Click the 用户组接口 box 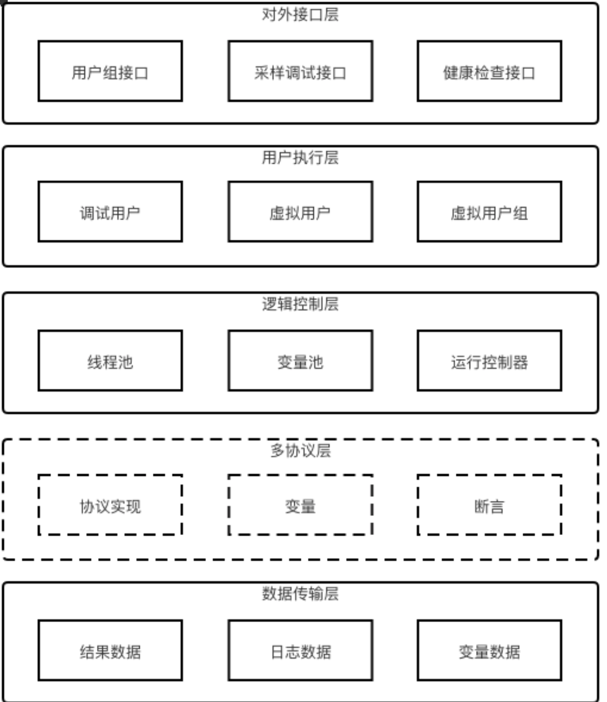tap(110, 71)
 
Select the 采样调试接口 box tap(300, 71)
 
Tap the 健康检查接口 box tap(489, 71)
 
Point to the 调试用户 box tap(110, 212)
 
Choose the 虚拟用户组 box tap(489, 212)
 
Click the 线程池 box tap(110, 361)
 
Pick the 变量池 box tap(300, 361)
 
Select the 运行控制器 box tap(489, 361)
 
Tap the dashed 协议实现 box tap(110, 505)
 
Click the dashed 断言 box tap(489, 505)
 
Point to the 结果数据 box tap(110, 651)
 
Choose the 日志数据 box tap(300, 651)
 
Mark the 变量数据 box tap(489, 651)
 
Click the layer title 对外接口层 tap(300, 14)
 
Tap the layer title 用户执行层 tap(300, 158)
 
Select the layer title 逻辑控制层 tap(300, 304)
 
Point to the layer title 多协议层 tap(300, 451)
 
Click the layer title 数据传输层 tap(300, 594)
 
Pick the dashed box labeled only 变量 tap(300, 505)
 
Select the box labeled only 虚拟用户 tap(300, 212)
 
